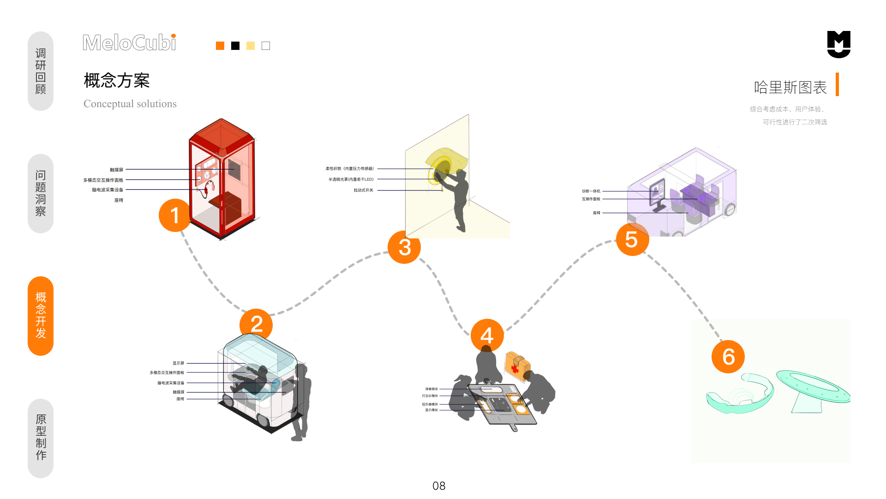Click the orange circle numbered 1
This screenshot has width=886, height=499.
point(175,215)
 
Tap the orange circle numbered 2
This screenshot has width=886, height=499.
point(256,324)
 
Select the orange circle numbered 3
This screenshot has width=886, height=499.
point(404,247)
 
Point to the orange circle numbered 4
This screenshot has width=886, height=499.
point(487,335)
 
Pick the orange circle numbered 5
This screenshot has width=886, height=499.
point(632,239)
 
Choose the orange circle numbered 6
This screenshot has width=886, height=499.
point(728,357)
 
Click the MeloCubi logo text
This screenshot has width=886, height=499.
point(129,43)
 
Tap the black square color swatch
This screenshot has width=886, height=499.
point(235,46)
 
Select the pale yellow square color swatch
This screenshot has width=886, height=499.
point(251,46)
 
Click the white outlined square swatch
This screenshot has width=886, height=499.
point(266,46)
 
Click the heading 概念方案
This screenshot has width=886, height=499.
point(117,80)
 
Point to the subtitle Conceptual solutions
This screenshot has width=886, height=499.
point(130,103)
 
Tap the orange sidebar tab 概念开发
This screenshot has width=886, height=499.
point(41,316)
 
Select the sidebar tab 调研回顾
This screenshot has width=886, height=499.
point(41,71)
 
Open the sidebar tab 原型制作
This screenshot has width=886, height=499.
point(41,438)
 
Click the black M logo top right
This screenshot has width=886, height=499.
point(838,44)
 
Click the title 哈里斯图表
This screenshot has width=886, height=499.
point(790,87)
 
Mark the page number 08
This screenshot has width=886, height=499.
point(439,486)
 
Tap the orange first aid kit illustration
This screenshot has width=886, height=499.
point(517,366)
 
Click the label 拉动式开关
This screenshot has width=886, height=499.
point(363,190)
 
